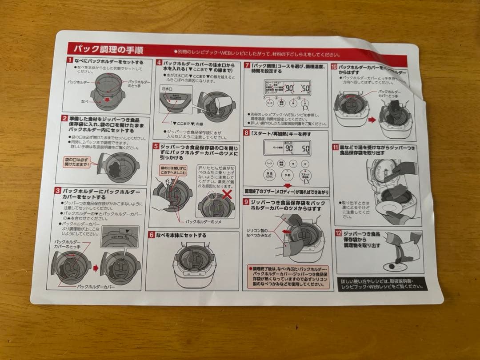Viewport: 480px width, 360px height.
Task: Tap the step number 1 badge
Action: pos(70,60)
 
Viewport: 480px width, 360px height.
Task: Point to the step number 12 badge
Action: pos(339,232)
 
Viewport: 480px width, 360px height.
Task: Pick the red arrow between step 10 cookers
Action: pos(372,119)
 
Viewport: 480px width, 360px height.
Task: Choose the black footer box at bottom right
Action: pos(381,284)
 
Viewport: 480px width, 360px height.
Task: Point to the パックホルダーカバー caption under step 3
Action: pos(96,287)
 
